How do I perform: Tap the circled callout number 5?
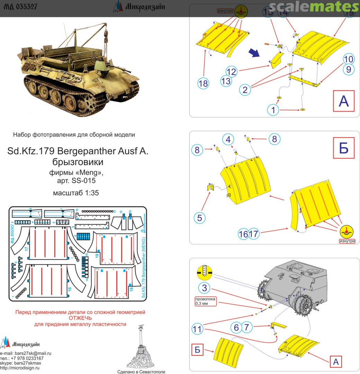[x=200, y=218]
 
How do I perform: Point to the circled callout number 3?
[x=204, y=287]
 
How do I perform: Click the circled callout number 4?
[x=227, y=140]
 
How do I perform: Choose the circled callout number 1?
[x=273, y=110]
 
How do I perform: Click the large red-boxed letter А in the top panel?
[x=343, y=101]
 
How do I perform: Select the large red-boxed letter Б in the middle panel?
[x=343, y=148]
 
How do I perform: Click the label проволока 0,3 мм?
[x=205, y=301]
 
